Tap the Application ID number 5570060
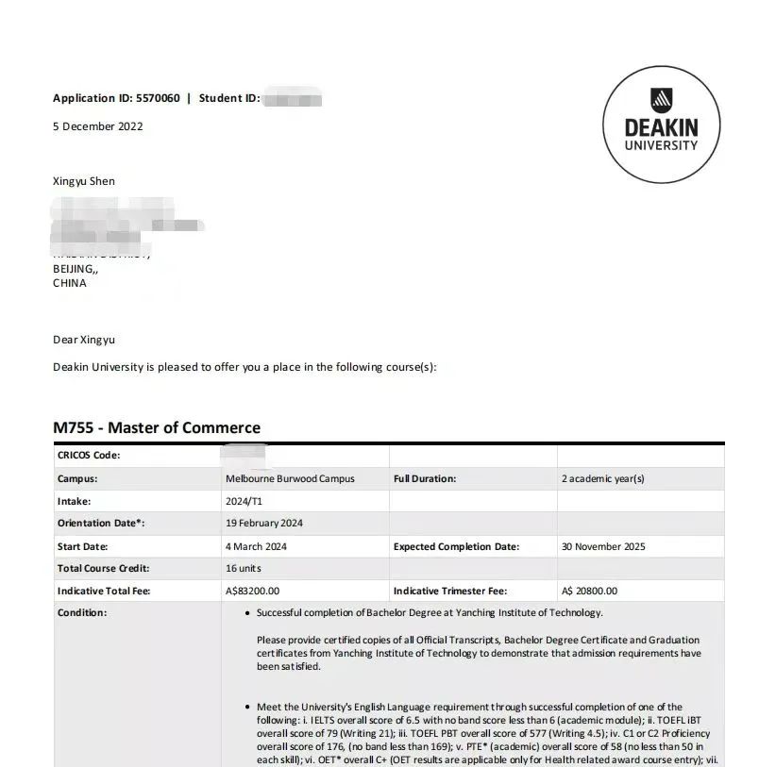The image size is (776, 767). click(x=158, y=98)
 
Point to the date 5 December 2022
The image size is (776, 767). click(x=98, y=126)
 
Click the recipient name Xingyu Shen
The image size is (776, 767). click(x=84, y=181)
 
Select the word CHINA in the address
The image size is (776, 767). click(x=70, y=283)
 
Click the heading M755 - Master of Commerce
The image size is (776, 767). click(x=157, y=427)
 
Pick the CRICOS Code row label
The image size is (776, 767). click(x=89, y=456)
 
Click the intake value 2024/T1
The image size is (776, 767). click(x=244, y=501)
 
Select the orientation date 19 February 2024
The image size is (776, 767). click(x=264, y=523)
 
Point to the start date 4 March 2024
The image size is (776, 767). click(x=256, y=546)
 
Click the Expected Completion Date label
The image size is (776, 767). click(x=456, y=546)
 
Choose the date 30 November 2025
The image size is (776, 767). click(x=603, y=546)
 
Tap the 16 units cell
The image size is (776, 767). click(x=244, y=568)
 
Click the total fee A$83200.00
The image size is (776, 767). click(x=252, y=591)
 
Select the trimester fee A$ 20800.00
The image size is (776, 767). click(x=589, y=591)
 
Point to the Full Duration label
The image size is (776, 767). click(x=425, y=478)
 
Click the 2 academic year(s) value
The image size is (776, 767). click(x=603, y=478)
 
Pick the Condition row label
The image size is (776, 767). click(x=82, y=613)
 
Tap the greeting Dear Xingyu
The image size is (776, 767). click(x=84, y=340)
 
